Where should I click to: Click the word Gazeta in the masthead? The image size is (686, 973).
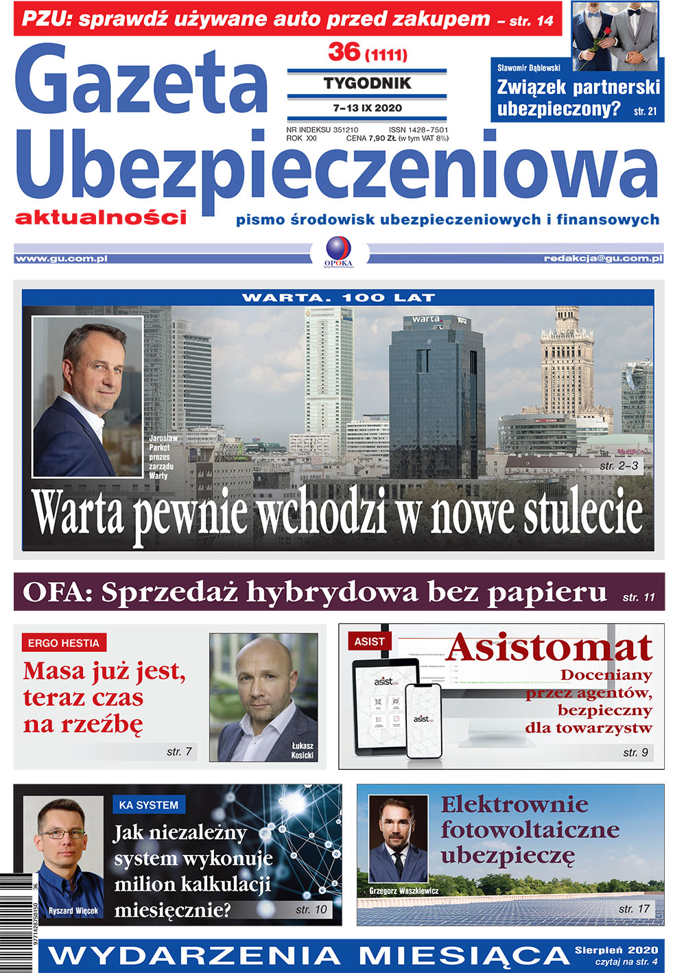click(x=141, y=81)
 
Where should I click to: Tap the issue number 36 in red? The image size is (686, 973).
click(x=344, y=51)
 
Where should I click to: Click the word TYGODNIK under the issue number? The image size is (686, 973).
click(x=367, y=84)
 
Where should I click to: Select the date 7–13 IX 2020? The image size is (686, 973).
click(x=367, y=108)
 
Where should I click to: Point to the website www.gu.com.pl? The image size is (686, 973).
click(x=61, y=259)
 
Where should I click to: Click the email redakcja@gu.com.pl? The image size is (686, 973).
click(x=603, y=259)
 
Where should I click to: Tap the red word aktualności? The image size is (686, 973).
click(x=101, y=218)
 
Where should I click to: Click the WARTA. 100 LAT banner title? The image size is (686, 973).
click(x=338, y=298)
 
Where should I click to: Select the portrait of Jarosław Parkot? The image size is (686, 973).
click(x=87, y=397)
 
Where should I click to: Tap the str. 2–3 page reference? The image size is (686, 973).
click(x=619, y=466)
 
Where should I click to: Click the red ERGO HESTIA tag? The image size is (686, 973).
click(x=63, y=643)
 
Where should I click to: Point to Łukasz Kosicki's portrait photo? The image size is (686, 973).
click(x=263, y=696)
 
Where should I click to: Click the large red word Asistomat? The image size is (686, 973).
click(x=549, y=647)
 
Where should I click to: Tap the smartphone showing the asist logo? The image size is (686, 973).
click(x=423, y=720)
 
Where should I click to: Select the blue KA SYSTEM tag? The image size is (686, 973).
click(x=148, y=805)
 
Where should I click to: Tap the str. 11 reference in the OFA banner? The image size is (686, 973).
click(x=639, y=598)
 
